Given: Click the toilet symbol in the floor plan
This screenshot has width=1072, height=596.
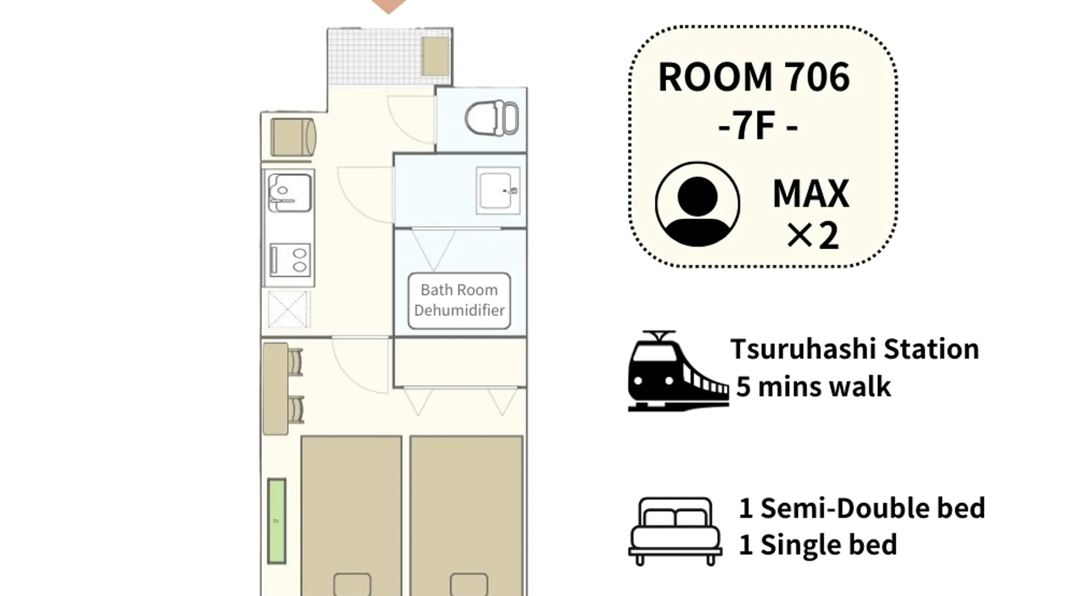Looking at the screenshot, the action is pyautogui.click(x=491, y=118).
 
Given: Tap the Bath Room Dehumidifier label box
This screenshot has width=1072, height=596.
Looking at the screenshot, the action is pyautogui.click(x=459, y=300).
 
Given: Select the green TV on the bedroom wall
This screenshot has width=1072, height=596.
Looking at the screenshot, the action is pyautogui.click(x=276, y=521).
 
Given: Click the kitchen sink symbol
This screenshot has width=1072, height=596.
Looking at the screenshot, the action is pyautogui.click(x=289, y=193).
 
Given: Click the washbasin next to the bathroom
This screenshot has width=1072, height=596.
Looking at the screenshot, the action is pyautogui.click(x=498, y=190).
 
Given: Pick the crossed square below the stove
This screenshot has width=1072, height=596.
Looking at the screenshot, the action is pyautogui.click(x=289, y=309).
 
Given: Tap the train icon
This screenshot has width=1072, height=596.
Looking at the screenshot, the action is pyautogui.click(x=678, y=371).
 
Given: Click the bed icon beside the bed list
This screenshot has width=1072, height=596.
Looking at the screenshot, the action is pyautogui.click(x=675, y=531).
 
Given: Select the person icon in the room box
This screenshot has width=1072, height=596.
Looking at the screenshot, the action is pyautogui.click(x=697, y=204).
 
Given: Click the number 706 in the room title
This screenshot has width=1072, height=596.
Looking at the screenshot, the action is pyautogui.click(x=817, y=77).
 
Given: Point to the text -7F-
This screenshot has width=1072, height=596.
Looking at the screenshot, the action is pyautogui.click(x=758, y=127).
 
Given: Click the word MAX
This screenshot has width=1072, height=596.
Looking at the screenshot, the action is pyautogui.click(x=811, y=194).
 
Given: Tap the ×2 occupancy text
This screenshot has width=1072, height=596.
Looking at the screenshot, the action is pyautogui.click(x=813, y=235).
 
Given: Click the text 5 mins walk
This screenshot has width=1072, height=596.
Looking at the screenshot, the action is pyautogui.click(x=814, y=387).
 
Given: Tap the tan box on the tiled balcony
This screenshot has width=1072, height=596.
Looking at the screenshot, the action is pyautogui.click(x=436, y=56).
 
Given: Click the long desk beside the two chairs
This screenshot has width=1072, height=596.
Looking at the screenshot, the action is pyautogui.click(x=275, y=389).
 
